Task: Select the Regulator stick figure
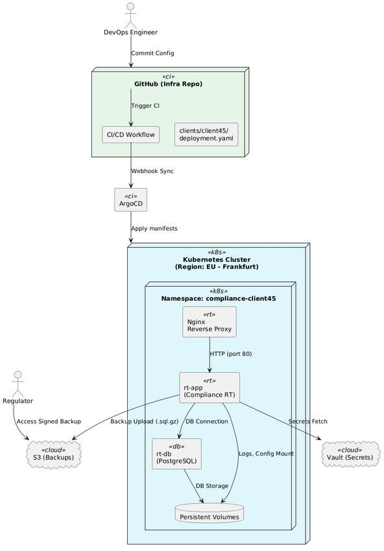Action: [18, 382]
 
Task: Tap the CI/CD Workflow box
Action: [131, 135]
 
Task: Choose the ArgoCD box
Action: [130, 200]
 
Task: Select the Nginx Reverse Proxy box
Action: [209, 322]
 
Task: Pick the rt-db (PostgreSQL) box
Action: [176, 454]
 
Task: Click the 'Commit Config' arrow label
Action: [152, 53]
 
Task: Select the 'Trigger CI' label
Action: [145, 106]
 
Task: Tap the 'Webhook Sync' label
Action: [152, 171]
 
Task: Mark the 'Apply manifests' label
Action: [154, 228]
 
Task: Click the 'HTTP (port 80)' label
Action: [231, 354]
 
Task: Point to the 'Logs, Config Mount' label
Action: [266, 454]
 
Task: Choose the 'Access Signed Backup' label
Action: [49, 421]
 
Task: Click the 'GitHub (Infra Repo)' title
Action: [168, 84]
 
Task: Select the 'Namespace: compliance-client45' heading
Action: [219, 298]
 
